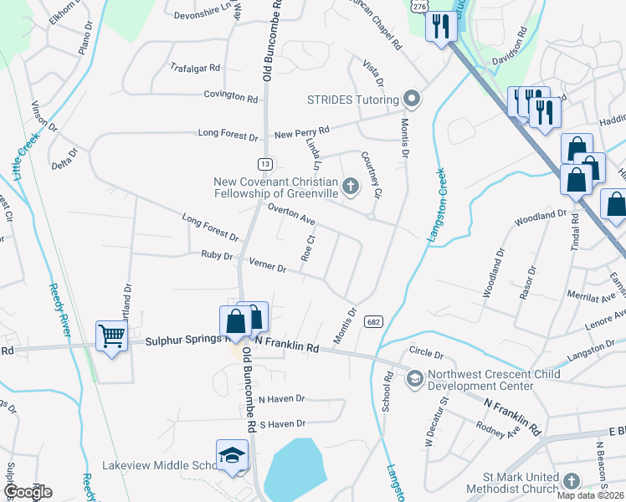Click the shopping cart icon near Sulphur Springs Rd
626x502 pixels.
pyautogui.click(x=110, y=336)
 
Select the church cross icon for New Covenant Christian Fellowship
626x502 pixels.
pyautogui.click(x=351, y=185)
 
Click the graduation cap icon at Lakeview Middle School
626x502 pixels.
pyautogui.click(x=231, y=455)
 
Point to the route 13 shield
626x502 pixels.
pyautogui.click(x=264, y=163)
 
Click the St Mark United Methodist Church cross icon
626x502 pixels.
pyautogui.click(x=571, y=482)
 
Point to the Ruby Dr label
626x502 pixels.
pyautogui.click(x=216, y=255)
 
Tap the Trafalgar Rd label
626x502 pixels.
pyautogui.click(x=194, y=67)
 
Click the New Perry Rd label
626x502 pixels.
pyautogui.click(x=302, y=131)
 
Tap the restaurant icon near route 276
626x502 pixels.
pyautogui.click(x=439, y=28)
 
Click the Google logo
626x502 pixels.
pyautogui.click(x=28, y=491)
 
